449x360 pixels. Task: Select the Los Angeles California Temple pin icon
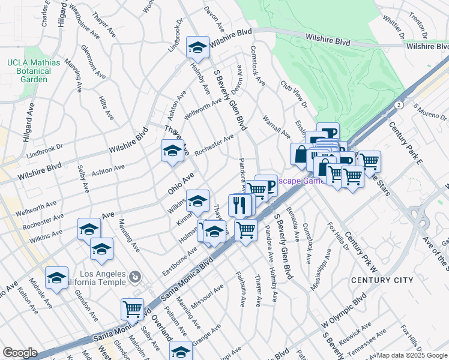pos(135,277)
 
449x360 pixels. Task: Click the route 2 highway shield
pos(399,104)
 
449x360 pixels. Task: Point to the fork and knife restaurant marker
pos(240,205)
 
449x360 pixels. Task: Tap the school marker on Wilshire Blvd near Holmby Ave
pos(197,47)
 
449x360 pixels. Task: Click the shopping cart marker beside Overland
pos(132,310)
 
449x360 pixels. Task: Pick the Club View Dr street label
pos(293,95)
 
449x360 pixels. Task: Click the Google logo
pos(20,353)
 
